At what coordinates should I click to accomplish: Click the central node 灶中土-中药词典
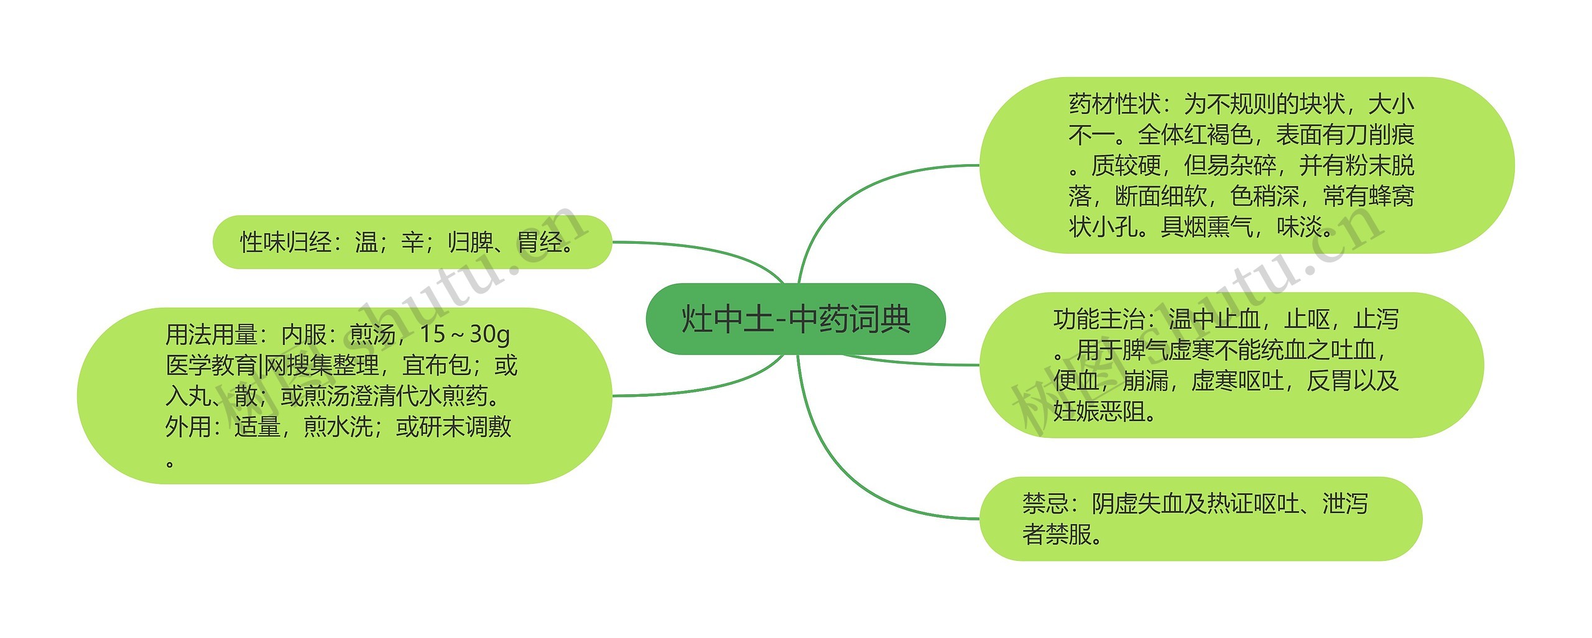coord(795,319)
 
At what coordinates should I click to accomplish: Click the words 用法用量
coord(211,335)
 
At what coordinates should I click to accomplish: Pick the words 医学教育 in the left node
coord(211,366)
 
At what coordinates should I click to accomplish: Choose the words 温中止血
coord(1215,320)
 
